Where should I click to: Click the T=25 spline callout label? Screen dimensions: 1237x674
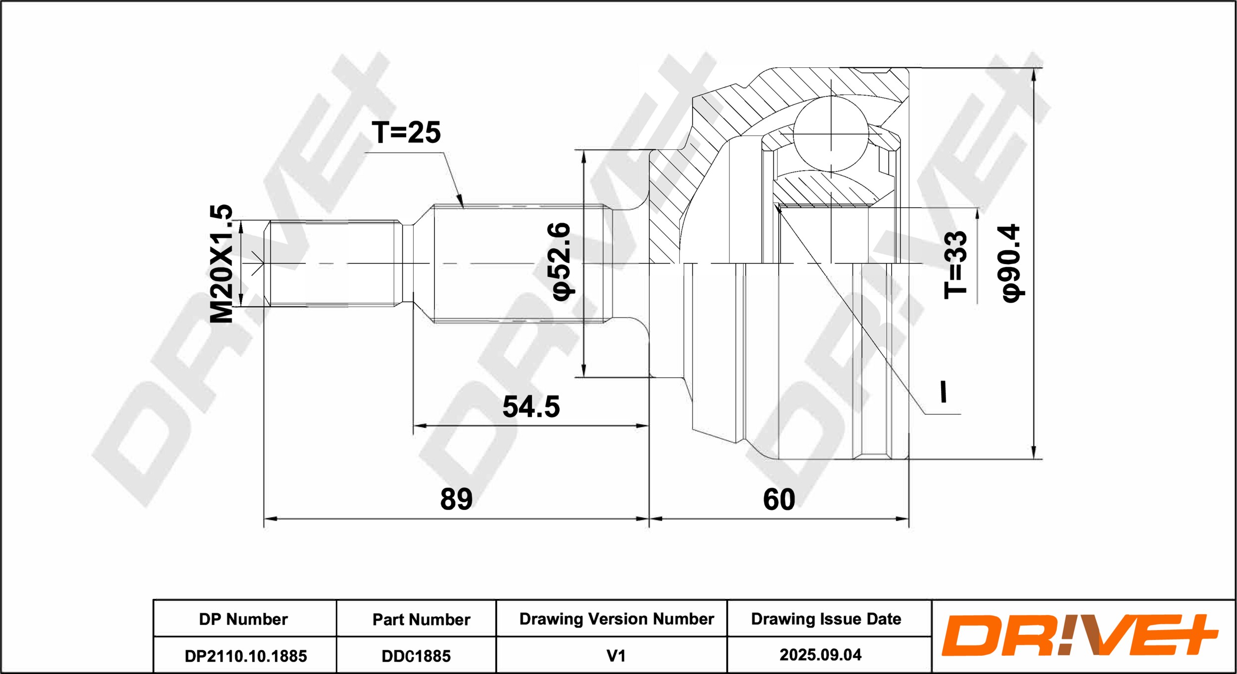tap(406, 133)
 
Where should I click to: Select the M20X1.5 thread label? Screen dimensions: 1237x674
tap(221, 264)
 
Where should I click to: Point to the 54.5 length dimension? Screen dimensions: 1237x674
tap(531, 407)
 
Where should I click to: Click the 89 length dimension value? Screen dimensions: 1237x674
tap(456, 499)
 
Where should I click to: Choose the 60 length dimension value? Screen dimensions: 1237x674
tap(779, 499)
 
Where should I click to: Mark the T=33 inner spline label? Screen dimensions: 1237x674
tap(955, 265)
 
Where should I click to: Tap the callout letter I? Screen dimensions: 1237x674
tap(944, 392)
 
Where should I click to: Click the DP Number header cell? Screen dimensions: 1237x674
tap(243, 619)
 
